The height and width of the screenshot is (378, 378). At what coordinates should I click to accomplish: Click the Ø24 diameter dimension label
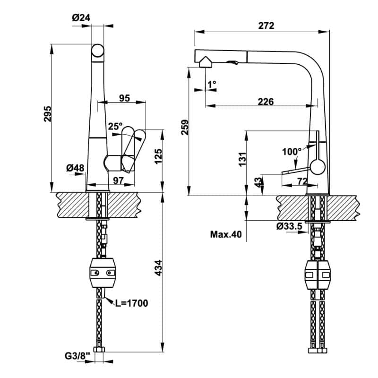tap(81, 18)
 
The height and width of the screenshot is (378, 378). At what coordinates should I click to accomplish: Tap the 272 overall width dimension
tap(266, 26)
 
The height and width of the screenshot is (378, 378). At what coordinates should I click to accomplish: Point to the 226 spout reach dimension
tap(266, 102)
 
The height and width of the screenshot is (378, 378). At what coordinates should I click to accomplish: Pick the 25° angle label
tap(114, 127)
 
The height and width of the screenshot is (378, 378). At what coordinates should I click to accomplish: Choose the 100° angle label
tap(291, 152)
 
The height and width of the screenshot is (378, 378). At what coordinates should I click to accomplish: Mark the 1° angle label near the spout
tap(212, 84)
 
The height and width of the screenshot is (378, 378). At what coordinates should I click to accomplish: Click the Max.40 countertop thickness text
tap(226, 234)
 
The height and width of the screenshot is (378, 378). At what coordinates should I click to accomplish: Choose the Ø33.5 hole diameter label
tap(290, 226)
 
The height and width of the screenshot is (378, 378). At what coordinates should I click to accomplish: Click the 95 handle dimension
tap(124, 98)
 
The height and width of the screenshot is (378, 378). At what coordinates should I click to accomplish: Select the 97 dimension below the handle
tap(118, 180)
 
